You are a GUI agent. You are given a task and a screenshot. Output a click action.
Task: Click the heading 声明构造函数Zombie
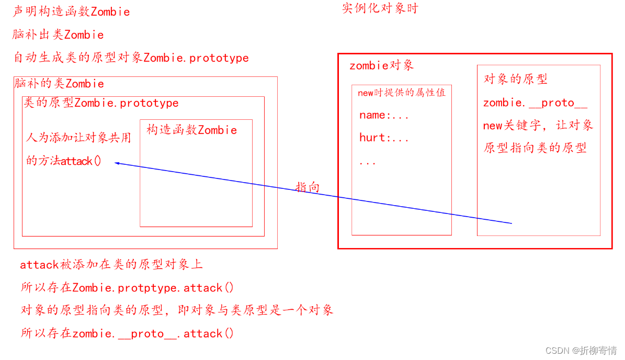tap(71, 12)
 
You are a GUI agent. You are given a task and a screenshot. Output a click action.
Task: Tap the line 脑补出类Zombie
tap(58, 35)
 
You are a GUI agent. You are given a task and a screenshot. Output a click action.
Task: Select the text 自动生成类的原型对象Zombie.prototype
tap(131, 58)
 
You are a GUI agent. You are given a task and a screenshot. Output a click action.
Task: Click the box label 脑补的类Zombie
tap(59, 84)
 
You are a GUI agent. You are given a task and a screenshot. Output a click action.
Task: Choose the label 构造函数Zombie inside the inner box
tap(191, 130)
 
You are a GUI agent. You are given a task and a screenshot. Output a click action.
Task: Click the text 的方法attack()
tap(64, 161)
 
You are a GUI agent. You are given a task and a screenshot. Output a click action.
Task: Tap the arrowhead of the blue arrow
tap(117, 163)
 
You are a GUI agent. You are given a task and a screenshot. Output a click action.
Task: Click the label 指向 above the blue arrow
tap(308, 187)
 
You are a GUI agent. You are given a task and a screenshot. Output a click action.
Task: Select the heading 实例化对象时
tap(380, 9)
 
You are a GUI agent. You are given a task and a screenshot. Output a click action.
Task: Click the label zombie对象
tap(381, 65)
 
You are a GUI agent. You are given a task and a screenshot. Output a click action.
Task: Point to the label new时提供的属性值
tap(401, 93)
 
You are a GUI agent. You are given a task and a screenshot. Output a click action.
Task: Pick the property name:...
tap(383, 116)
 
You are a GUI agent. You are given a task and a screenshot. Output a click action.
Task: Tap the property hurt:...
tap(383, 138)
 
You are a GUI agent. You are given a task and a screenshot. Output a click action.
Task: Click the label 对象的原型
tap(515, 79)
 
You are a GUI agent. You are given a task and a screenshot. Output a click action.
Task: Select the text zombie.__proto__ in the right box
tap(535, 103)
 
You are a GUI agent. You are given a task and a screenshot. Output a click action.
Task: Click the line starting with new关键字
tap(538, 126)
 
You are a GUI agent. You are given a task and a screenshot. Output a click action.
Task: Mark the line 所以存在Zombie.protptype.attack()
tap(127, 288)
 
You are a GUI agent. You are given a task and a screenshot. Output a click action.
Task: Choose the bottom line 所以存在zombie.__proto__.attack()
tap(127, 333)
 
